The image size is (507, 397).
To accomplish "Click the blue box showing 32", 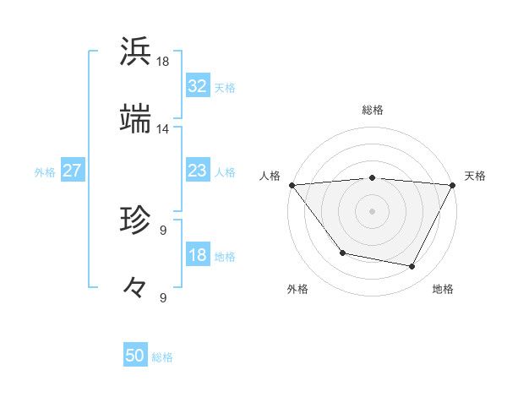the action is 198,86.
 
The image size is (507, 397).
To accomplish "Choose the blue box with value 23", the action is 198,171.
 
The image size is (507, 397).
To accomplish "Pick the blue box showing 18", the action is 198,255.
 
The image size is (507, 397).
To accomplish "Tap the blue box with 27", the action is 73,171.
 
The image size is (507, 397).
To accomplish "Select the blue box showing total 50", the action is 135,356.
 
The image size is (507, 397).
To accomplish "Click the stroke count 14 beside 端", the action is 163,129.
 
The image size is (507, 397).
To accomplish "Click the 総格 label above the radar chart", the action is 373,110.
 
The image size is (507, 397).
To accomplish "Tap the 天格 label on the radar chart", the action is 475,176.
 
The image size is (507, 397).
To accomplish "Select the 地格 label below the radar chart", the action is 443,290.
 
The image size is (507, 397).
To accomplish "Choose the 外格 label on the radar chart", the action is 297,290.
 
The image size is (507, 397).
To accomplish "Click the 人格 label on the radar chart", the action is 270,176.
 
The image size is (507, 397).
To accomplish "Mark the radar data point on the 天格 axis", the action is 453,185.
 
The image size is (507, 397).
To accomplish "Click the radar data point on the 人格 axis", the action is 292,185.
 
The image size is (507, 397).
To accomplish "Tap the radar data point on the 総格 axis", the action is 373,177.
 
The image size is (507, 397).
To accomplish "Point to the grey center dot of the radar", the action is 373,211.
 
